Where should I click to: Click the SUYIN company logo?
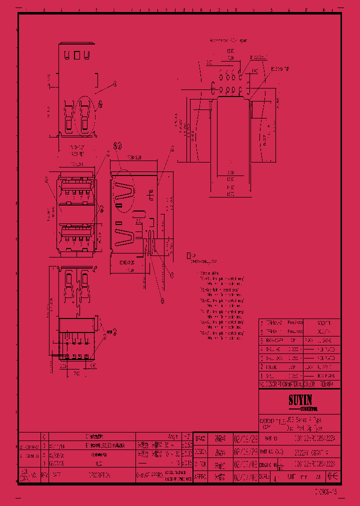299,400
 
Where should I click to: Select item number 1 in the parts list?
261,375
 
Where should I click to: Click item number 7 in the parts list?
261,323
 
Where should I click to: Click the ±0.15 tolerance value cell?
186,463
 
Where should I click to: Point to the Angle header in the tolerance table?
173,435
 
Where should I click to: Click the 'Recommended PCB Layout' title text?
228,40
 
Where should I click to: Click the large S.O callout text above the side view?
117,146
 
